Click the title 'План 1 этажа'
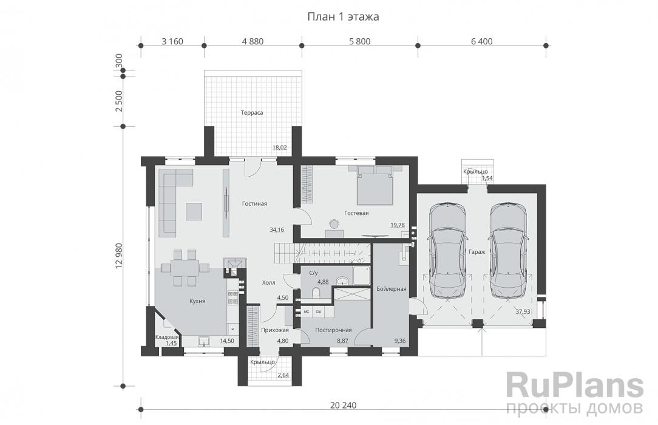(344, 17)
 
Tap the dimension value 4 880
(253, 41)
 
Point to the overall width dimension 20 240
(344, 406)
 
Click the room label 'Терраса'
(252, 113)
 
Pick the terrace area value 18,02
(279, 148)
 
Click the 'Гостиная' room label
(254, 204)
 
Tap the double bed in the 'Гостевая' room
(375, 185)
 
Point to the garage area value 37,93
(523, 311)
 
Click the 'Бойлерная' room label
(391, 289)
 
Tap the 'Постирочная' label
(333, 330)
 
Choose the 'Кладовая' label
(167, 338)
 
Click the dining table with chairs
(185, 268)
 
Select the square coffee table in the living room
(194, 211)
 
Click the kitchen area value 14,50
(227, 341)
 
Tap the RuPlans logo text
(574, 386)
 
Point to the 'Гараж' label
(477, 252)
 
